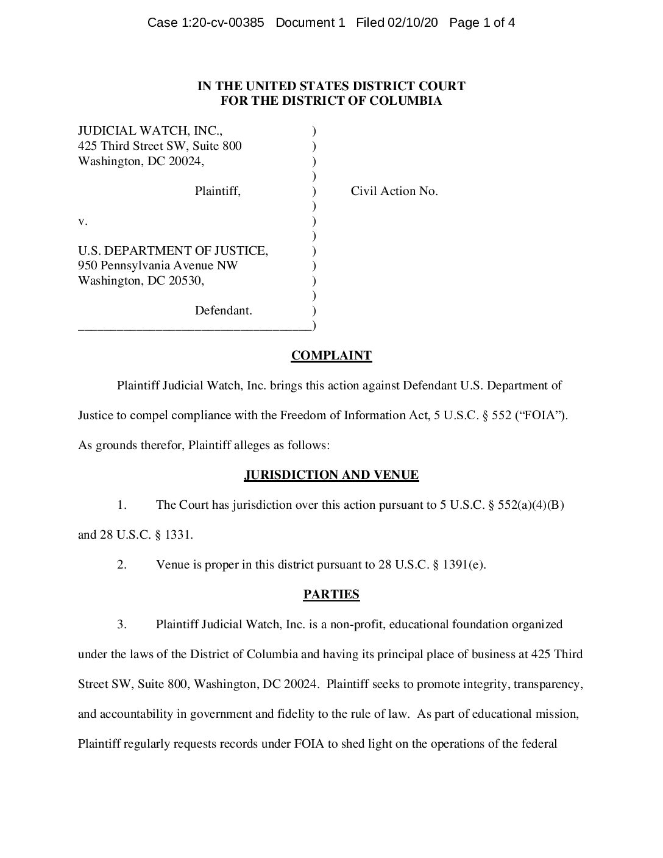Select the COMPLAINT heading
click(x=331, y=356)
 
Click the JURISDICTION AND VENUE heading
click(x=331, y=475)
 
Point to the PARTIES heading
click(x=331, y=595)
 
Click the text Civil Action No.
click(x=394, y=191)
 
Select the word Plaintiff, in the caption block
click(x=218, y=191)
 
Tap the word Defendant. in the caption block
click(x=223, y=311)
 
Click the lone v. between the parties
click(x=83, y=221)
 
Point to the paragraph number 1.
click(x=122, y=505)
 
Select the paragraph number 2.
click(x=122, y=565)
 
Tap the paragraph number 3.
click(x=122, y=625)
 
